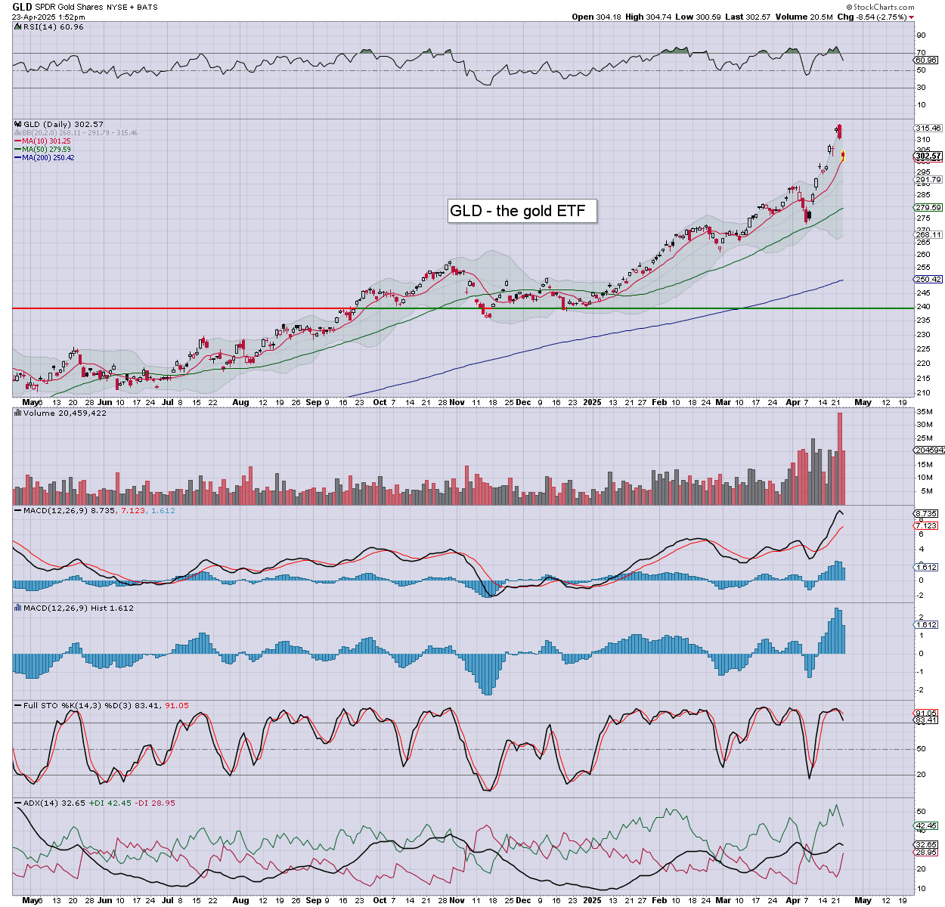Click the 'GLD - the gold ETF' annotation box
(522, 211)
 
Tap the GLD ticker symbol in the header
(22, 7)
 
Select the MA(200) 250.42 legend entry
(48, 157)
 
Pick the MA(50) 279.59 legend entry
(46, 149)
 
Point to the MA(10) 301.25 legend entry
(46, 141)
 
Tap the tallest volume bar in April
(839, 458)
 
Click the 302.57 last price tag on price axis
(928, 156)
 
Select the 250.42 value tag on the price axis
(928, 279)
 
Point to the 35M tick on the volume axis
(925, 412)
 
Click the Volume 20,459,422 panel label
(64, 413)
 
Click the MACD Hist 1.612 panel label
(78, 608)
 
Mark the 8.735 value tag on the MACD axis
(927, 513)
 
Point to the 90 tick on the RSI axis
(921, 36)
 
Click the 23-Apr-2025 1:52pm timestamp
(48, 17)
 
